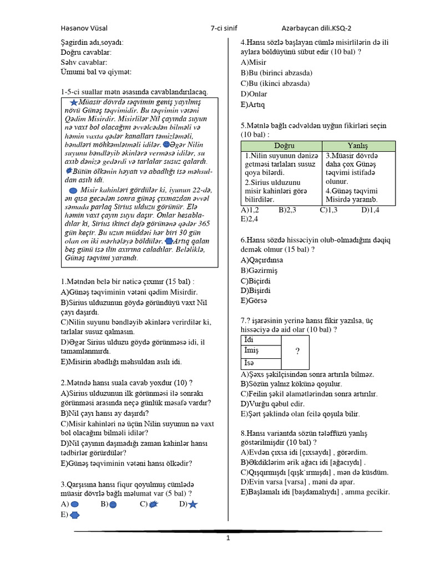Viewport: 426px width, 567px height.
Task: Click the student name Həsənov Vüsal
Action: [85, 28]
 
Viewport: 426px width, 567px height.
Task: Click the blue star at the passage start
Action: [75, 102]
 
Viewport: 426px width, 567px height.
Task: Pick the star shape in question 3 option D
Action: [192, 504]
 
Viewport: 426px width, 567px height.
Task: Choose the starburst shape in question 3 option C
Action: [154, 504]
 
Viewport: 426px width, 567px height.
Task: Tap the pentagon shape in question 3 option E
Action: [75, 515]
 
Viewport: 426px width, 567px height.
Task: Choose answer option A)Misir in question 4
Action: [253, 63]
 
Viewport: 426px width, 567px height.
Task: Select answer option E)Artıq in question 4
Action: [253, 105]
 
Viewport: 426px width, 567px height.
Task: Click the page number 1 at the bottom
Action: [227, 538]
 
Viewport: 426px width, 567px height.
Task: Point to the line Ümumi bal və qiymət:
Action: [97, 72]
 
